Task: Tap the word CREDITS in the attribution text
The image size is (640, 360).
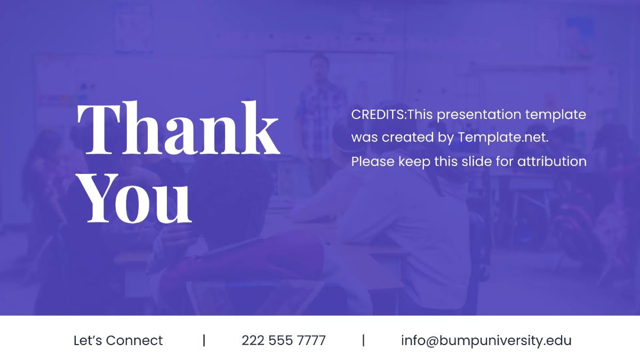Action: pos(378,115)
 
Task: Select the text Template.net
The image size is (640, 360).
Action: pos(502,138)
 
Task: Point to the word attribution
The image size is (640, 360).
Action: pos(552,161)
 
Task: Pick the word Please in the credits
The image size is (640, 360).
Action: pos(373,161)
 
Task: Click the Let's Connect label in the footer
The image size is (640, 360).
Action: pos(118,340)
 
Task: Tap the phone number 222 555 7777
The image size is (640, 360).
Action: pos(283,340)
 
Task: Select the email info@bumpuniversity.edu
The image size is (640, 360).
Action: pos(486,340)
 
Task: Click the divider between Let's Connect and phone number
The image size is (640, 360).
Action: pos(204,340)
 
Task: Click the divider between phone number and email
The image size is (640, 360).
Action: pos(363,340)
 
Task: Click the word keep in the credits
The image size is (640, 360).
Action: pos(414,161)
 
